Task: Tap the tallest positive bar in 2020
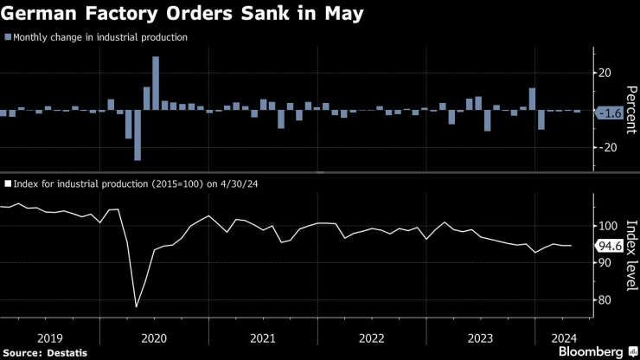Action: (156, 83)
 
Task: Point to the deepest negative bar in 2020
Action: (138, 135)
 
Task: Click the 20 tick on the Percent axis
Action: (605, 74)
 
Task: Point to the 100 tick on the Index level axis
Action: (607, 226)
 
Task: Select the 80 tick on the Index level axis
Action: (605, 300)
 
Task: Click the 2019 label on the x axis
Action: (48, 337)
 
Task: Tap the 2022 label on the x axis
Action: (371, 337)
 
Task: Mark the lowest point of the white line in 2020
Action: (137, 306)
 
